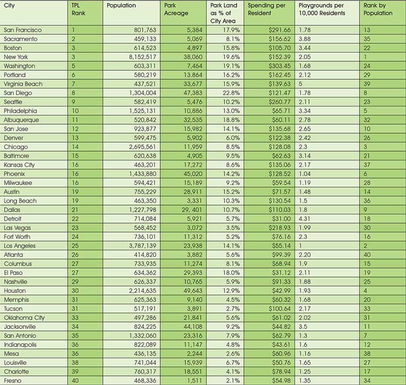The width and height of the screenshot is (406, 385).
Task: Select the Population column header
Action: [122, 6]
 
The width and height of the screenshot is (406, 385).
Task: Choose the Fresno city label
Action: [12, 380]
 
